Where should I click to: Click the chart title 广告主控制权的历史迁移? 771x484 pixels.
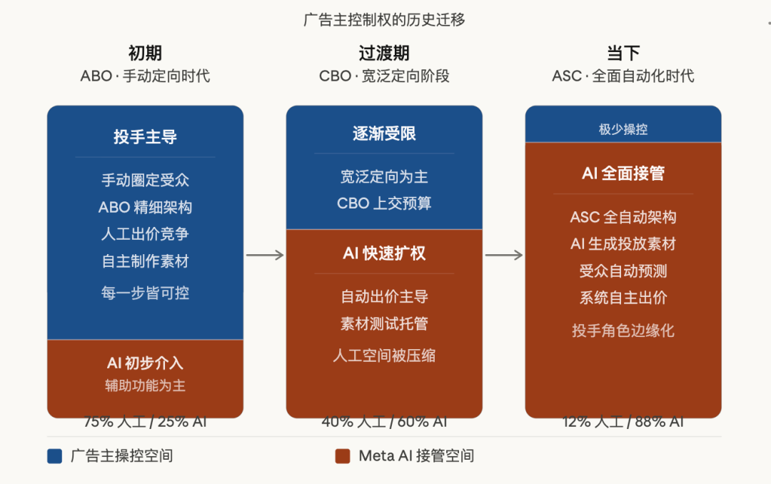(384, 20)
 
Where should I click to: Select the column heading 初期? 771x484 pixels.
(145, 53)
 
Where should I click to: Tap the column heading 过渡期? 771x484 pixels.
(384, 53)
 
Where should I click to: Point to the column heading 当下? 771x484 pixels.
(623, 53)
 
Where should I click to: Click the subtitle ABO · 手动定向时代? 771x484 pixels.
(145, 76)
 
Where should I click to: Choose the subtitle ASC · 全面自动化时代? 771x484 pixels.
(623, 76)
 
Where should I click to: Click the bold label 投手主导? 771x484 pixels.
(145, 137)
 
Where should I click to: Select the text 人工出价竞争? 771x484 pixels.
(145, 234)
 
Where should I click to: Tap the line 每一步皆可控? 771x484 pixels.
(145, 293)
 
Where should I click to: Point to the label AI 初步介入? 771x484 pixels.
(145, 363)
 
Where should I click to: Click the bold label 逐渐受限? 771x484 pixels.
(384, 133)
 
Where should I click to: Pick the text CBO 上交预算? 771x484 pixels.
(384, 203)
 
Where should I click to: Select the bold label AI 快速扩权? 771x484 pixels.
(384, 253)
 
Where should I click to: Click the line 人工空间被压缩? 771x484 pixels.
(384, 356)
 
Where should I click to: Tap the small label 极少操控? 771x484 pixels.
(623, 129)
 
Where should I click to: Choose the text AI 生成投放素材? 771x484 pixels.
(623, 244)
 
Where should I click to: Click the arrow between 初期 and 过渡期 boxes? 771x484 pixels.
(265, 256)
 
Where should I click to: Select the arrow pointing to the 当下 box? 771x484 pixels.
(504, 256)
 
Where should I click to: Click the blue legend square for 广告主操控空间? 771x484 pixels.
(55, 456)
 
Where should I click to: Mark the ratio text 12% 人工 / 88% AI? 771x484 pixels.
(623, 422)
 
